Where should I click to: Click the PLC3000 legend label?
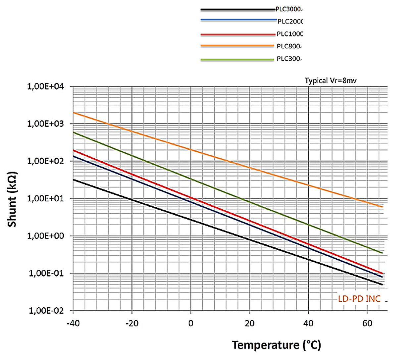tap(288, 9)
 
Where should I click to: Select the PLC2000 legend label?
tap(290, 22)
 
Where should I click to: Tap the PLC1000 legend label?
tap(289, 34)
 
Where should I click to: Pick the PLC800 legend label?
tap(289, 46)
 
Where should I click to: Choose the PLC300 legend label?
tap(289, 59)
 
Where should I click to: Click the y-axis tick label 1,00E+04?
tap(45, 86)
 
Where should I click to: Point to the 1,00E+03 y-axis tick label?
tap(45, 124)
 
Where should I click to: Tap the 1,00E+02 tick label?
tap(45, 161)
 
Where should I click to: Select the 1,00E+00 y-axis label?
tap(45, 236)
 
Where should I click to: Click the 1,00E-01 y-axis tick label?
tap(46, 274)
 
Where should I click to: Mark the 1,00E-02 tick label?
tap(46, 311)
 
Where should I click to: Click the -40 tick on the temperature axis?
tap(73, 324)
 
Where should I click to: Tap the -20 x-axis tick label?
tap(132, 324)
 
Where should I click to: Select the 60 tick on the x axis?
tap(367, 324)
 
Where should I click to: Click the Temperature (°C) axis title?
tap(276, 345)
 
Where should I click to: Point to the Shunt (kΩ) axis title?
tap(12, 199)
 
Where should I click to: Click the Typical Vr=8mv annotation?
tap(331, 80)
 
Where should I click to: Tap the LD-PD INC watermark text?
tap(359, 299)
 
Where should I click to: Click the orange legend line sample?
tap(237, 46)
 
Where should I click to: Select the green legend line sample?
tap(237, 60)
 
